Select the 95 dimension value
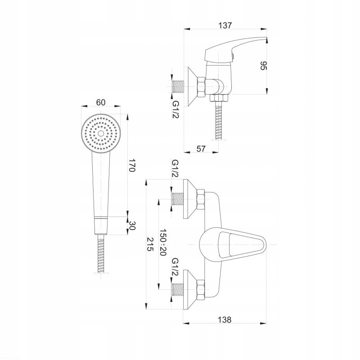click(264, 66)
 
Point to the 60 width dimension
click(101, 102)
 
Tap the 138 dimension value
click(225, 319)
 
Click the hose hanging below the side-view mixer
click(219, 121)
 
